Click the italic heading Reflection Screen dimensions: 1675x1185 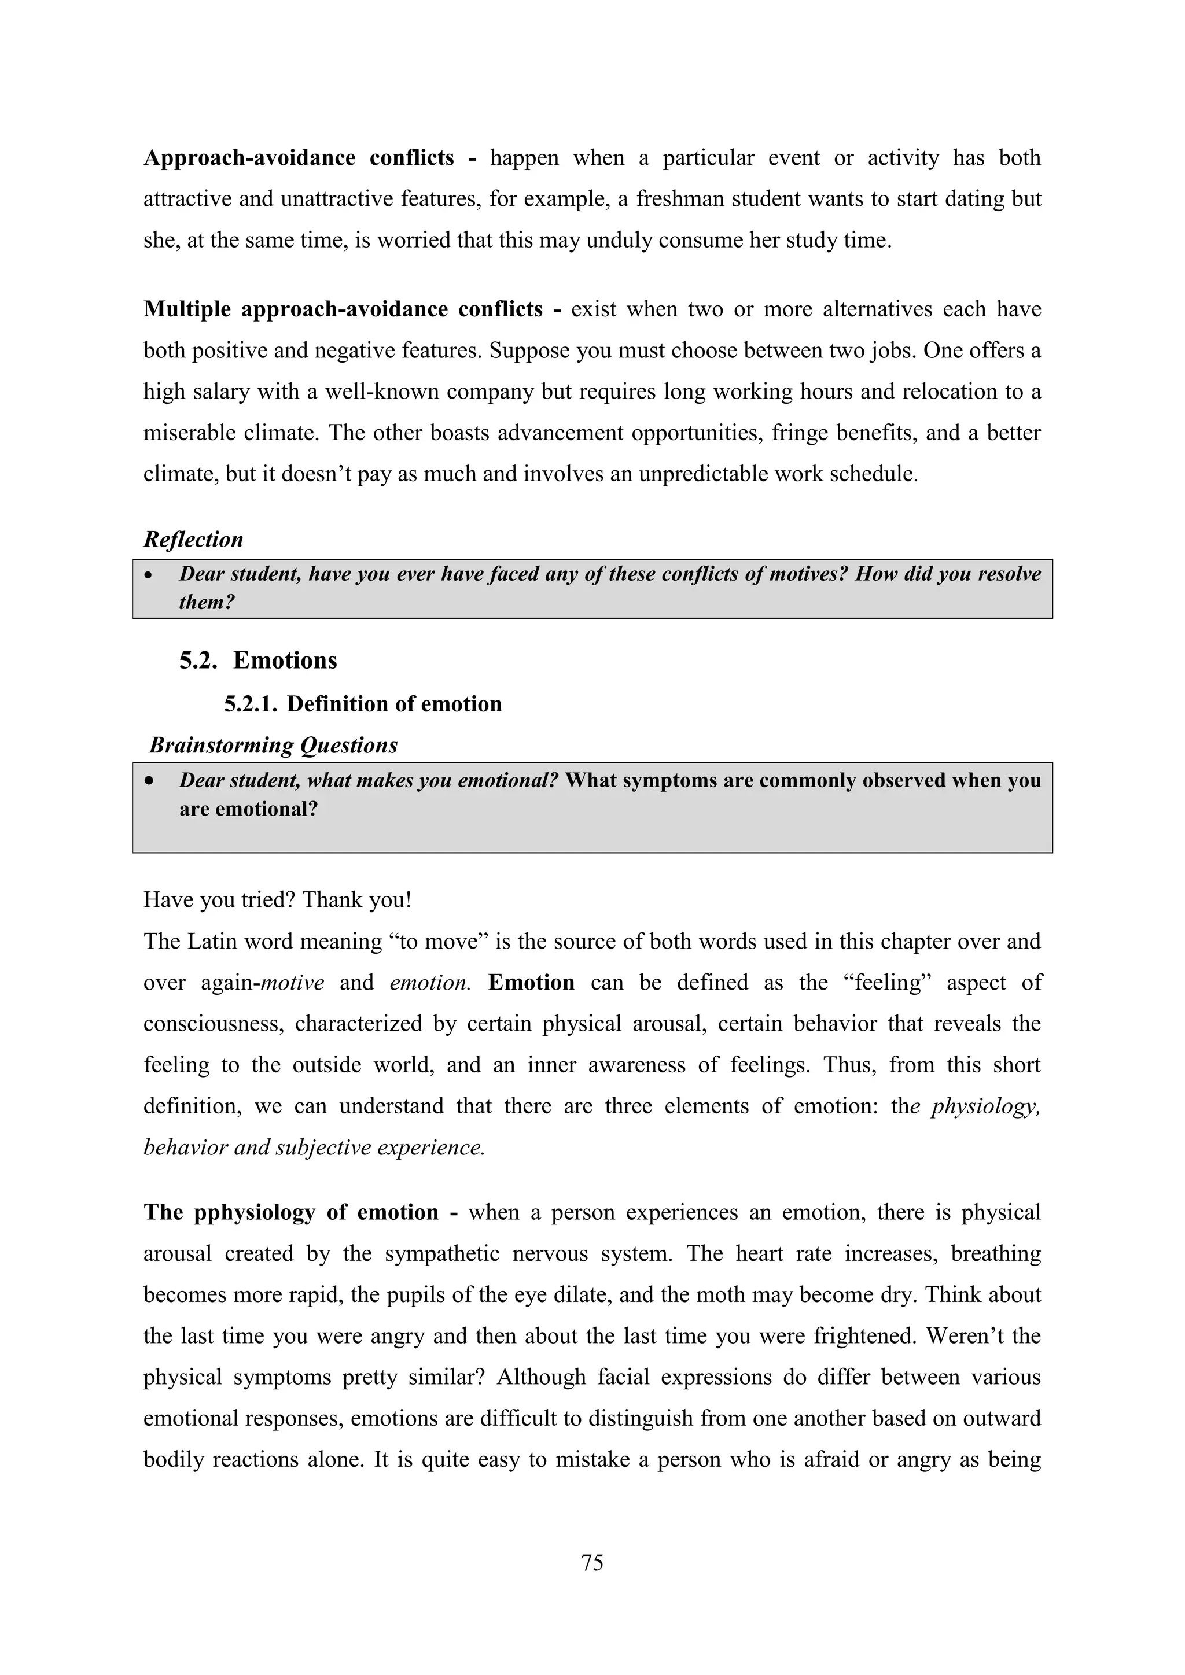(x=193, y=539)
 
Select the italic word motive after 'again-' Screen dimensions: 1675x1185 (x=293, y=983)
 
